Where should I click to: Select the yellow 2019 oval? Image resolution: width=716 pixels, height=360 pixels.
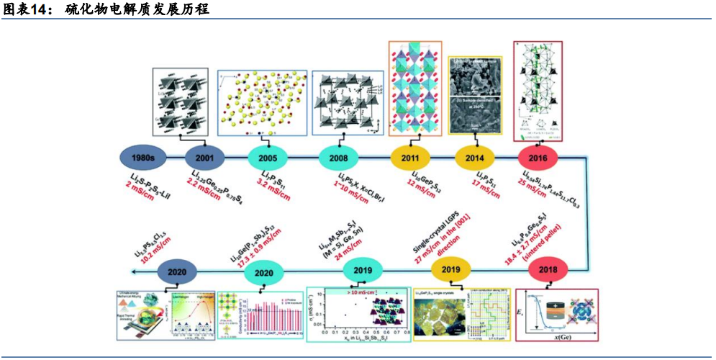450,271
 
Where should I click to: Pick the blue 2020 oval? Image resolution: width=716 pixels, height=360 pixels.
177,272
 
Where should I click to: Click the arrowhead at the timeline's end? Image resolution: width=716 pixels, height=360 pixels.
135,271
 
